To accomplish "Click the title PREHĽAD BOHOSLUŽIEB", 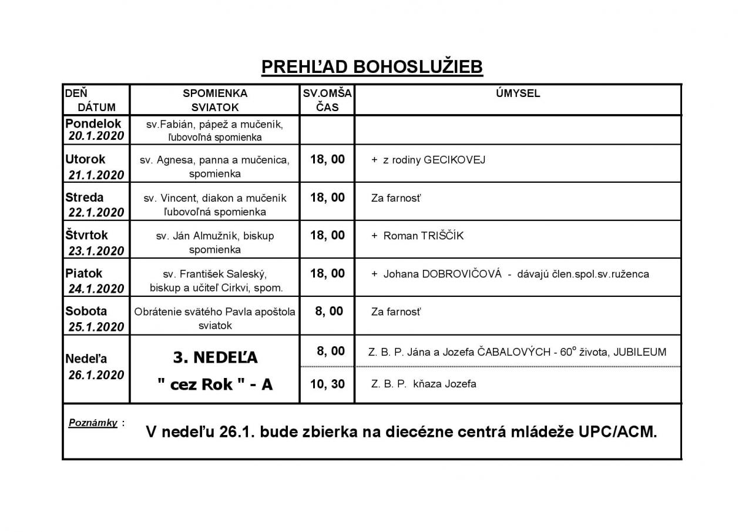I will pyautogui.click(x=371, y=67).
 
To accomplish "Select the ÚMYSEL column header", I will pyautogui.click(x=518, y=93).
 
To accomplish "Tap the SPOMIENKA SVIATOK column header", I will pyautogui.click(x=215, y=101).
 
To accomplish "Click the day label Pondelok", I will pyautogui.click(x=93, y=123).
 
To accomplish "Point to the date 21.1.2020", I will pyautogui.click(x=96, y=175).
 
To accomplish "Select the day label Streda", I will pyautogui.click(x=84, y=198).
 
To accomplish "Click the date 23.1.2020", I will pyautogui.click(x=96, y=250).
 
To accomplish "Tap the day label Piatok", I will pyautogui.click(x=83, y=273).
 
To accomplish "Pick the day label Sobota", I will pyautogui.click(x=86, y=312).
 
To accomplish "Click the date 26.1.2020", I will pyautogui.click(x=96, y=375).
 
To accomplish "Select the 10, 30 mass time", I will pyautogui.click(x=327, y=384).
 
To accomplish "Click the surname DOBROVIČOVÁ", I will pyautogui.click(x=460, y=274).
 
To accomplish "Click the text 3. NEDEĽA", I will pyautogui.click(x=215, y=357).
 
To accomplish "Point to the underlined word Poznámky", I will pyautogui.click(x=93, y=422).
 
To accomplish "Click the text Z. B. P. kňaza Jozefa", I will pyautogui.click(x=423, y=384).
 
